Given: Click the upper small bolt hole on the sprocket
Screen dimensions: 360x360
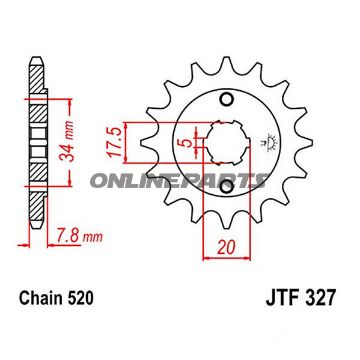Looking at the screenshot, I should tap(227, 98).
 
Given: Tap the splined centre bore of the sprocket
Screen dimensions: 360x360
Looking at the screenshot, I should tap(227, 151).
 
